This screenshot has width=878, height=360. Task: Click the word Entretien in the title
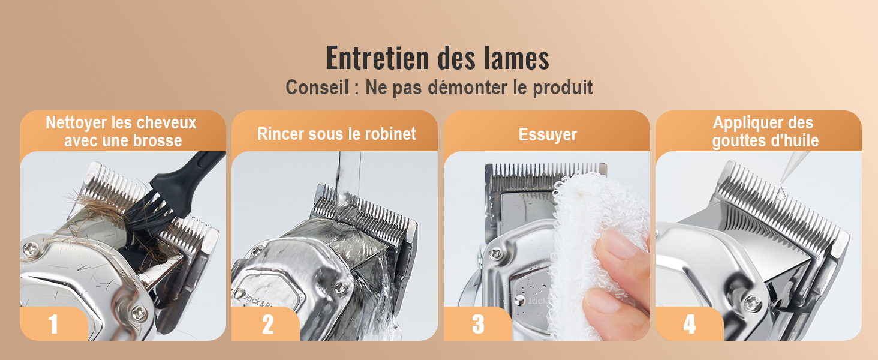pyautogui.click(x=377, y=58)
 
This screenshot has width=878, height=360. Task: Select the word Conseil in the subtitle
pyautogui.click(x=317, y=87)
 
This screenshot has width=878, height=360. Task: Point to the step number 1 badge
pyautogui.click(x=54, y=324)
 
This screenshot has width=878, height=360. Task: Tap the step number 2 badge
pyautogui.click(x=267, y=324)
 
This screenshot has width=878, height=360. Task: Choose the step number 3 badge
pyautogui.click(x=478, y=324)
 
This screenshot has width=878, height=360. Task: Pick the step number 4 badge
pyautogui.click(x=690, y=324)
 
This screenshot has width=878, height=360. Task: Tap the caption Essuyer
pyautogui.click(x=548, y=135)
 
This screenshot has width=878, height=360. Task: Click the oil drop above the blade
pyautogui.click(x=781, y=191)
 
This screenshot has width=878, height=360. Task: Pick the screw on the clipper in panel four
pyautogui.click(x=753, y=304)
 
